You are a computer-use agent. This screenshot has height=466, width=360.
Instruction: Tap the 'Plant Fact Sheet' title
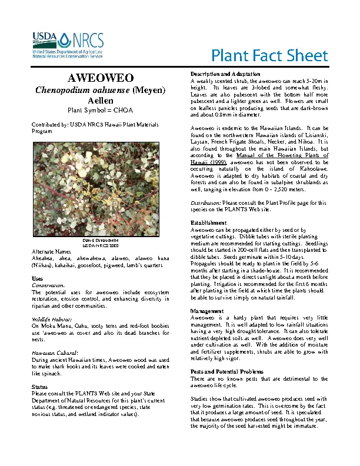pyautogui.click(x=269, y=56)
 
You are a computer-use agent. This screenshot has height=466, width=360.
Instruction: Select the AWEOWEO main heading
pyautogui.click(x=100, y=78)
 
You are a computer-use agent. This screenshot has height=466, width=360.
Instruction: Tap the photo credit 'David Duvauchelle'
pyautogui.click(x=100, y=241)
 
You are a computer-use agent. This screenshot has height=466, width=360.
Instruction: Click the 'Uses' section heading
pyautogui.click(x=37, y=278)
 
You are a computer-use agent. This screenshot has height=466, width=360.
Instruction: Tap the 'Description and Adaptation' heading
pyautogui.click(x=226, y=74)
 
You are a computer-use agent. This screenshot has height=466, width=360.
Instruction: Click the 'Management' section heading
pyautogui.click(x=208, y=310)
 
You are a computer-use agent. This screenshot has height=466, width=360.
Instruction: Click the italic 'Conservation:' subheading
pyautogui.click(x=48, y=285)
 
